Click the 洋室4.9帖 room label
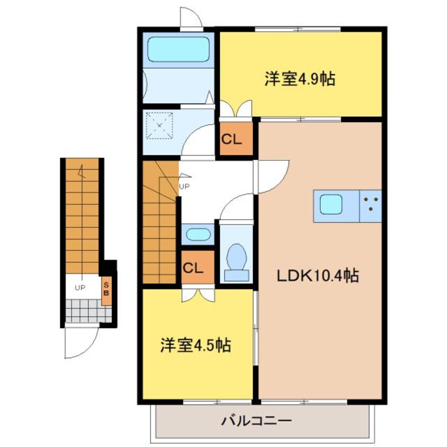tap(300, 79)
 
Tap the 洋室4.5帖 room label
tap(195, 345)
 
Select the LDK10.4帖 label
tap(318, 276)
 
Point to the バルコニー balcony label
tap(257, 421)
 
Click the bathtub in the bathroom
tap(179, 49)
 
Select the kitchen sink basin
tap(331, 204)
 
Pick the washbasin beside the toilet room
tap(198, 235)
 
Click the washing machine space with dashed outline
tap(160, 125)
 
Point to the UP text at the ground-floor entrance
tap(80, 288)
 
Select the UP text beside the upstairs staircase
tap(184, 187)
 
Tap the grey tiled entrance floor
tap(88, 311)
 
